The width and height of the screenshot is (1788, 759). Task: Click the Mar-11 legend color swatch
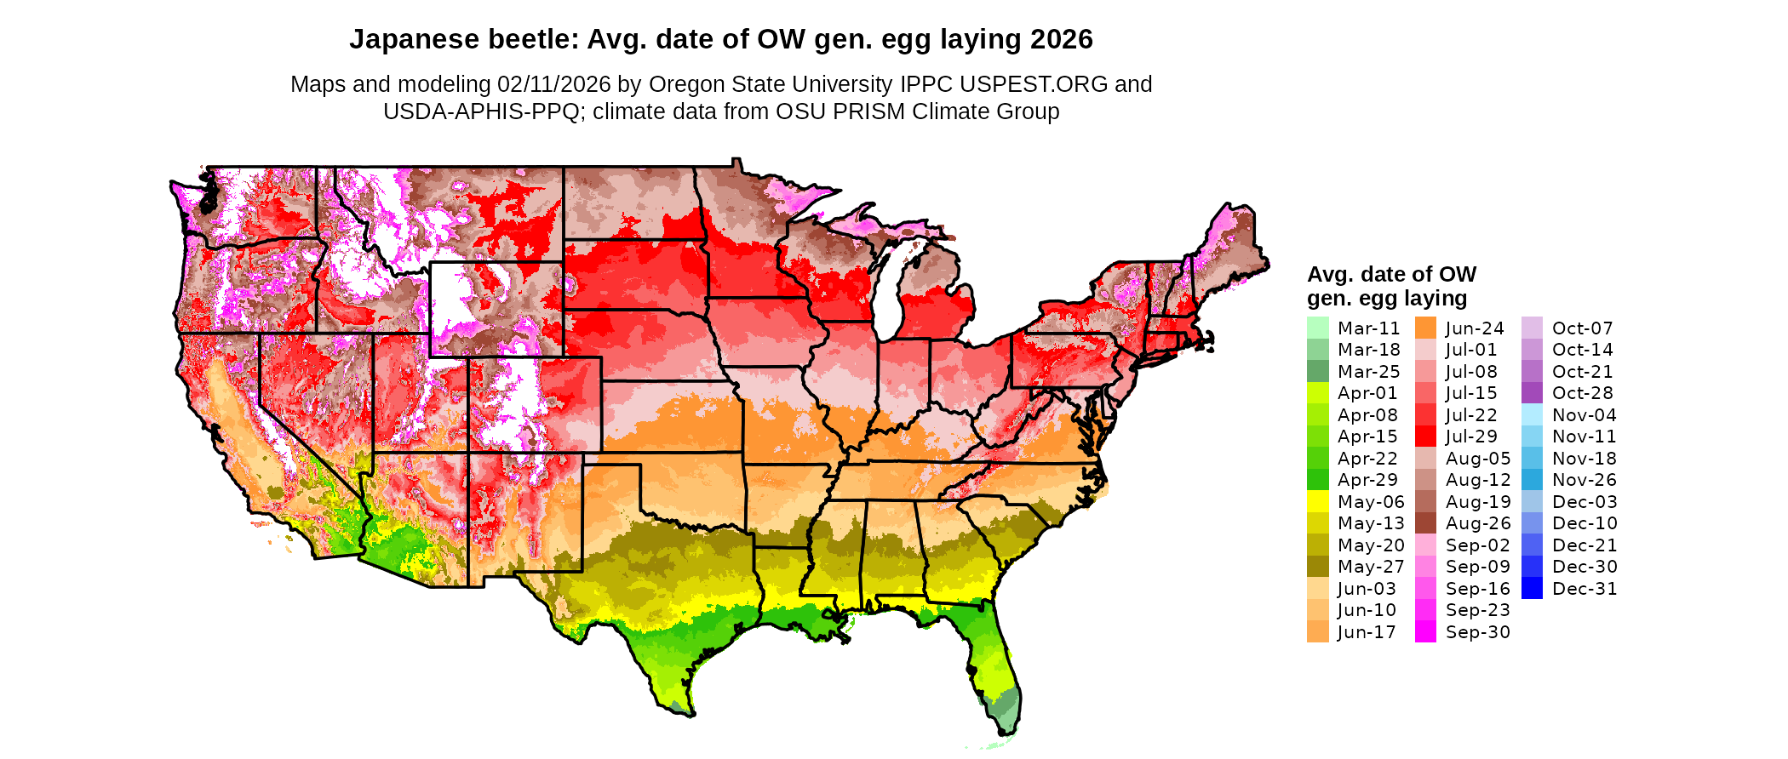click(1317, 328)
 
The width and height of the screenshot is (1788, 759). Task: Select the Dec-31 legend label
click(1584, 589)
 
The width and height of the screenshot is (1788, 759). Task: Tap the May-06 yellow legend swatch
click(1317, 502)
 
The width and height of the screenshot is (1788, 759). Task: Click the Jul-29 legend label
click(1471, 437)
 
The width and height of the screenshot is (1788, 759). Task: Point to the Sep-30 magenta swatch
click(1425, 632)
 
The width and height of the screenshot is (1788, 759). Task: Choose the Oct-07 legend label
click(1582, 328)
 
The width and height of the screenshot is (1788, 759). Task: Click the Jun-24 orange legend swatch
click(1425, 328)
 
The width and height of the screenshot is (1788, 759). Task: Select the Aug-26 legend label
click(1477, 523)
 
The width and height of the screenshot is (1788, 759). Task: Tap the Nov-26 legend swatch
click(1532, 480)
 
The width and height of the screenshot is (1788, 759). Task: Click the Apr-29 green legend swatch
click(1317, 480)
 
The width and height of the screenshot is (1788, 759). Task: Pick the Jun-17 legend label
click(1367, 632)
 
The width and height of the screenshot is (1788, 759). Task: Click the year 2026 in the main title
click(1061, 39)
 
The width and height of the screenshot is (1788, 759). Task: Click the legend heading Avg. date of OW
click(1391, 274)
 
